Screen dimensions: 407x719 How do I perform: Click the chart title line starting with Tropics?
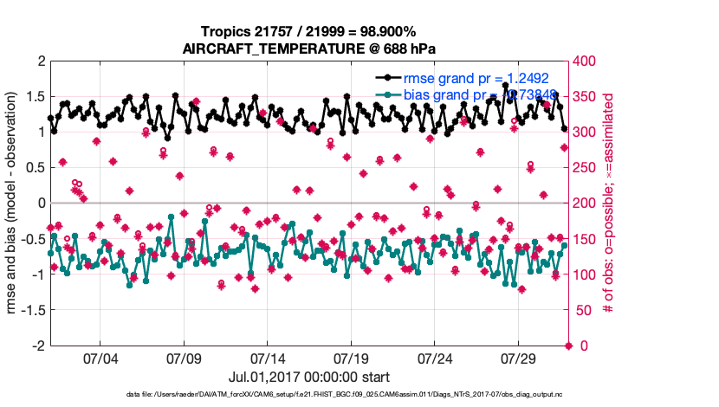click(x=310, y=31)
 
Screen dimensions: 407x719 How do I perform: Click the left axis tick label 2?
click(x=41, y=61)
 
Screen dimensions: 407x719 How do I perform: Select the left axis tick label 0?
click(x=41, y=203)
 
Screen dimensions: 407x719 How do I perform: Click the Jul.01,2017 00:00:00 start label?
click(x=309, y=377)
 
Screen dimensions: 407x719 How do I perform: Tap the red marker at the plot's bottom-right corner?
click(x=568, y=346)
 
